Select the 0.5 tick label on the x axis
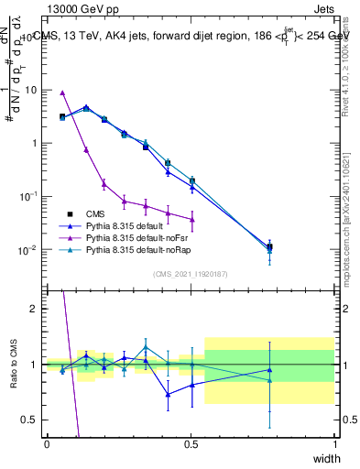point(191,444)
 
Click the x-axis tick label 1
point(334,444)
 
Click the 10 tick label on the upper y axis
point(31,90)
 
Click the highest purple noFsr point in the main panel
point(62,93)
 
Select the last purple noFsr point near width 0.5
point(191,219)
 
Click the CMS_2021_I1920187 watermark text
point(191,274)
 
